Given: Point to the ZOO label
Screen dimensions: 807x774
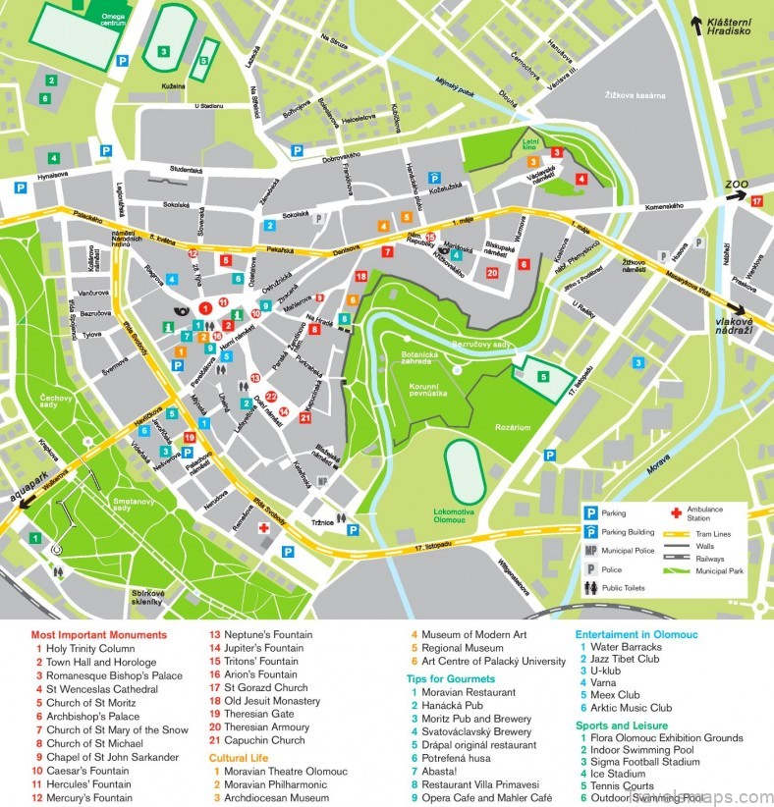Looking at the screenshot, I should (x=737, y=184).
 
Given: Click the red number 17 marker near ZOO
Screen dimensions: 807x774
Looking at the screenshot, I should (x=756, y=201).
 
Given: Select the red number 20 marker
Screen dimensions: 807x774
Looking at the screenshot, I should (x=491, y=273).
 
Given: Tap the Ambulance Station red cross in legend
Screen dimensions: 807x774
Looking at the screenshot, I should (x=675, y=512).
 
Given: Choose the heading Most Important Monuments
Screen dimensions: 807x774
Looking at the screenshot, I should (x=98, y=635).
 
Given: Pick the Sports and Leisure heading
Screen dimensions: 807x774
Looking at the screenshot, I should (x=624, y=725).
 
